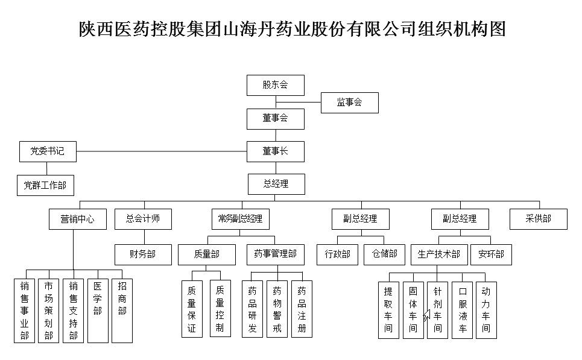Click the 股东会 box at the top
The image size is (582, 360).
click(x=275, y=85)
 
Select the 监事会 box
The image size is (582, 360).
click(x=349, y=103)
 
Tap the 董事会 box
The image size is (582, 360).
click(x=275, y=119)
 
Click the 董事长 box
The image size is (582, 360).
click(x=275, y=151)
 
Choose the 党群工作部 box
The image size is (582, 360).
click(x=45, y=185)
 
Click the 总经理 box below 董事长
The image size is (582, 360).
click(x=276, y=184)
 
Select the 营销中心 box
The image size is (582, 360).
click(x=78, y=219)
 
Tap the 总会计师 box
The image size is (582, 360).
click(x=143, y=219)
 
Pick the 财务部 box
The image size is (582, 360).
click(x=143, y=254)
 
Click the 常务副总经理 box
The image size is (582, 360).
click(x=240, y=219)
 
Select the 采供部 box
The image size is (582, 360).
click(x=539, y=219)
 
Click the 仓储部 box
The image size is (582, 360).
click(x=385, y=254)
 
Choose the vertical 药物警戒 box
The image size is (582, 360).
click(x=277, y=309)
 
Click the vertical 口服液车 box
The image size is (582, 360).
click(x=463, y=309)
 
